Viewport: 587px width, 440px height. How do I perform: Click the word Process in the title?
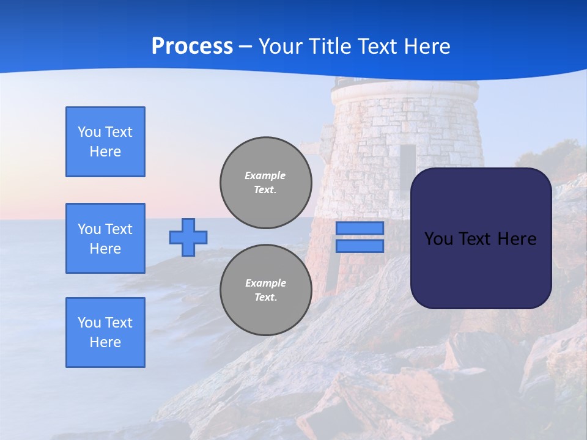coord(192,46)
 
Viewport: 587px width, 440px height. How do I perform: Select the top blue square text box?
coord(105,142)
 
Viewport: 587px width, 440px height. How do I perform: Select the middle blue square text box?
coord(105,238)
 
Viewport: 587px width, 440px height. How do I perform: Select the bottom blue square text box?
coord(105,332)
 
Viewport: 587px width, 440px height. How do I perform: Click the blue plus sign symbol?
coord(188,237)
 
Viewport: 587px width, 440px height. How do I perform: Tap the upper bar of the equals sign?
coord(360,228)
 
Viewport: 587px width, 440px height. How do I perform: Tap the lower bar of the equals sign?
coord(360,246)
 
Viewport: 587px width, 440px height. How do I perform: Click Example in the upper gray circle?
coord(265,175)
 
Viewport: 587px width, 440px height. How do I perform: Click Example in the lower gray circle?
coord(265,283)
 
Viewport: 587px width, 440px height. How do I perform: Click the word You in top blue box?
coord(89,132)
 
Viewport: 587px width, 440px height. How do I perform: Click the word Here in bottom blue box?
coord(105,342)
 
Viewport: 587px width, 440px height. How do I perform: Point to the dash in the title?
coord(245,46)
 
